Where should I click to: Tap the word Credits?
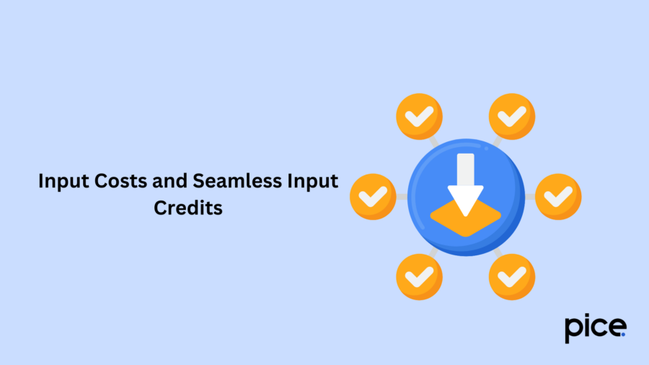pos(188,207)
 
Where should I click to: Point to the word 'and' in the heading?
pos(169,181)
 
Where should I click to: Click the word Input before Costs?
pos(63,182)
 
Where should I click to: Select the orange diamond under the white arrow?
pos(466,219)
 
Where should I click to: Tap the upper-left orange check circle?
pos(419,116)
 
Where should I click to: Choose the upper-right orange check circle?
pos(512,116)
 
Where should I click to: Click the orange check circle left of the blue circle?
pos(373,197)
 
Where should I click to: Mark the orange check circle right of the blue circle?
pos(558,197)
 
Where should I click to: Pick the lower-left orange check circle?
pos(419,277)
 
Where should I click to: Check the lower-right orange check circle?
pos(512,277)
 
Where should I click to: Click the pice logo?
pos(596,328)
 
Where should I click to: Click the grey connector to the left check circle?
pos(402,197)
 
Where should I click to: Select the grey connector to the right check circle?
pos(530,197)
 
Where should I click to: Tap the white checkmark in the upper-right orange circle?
pos(512,116)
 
